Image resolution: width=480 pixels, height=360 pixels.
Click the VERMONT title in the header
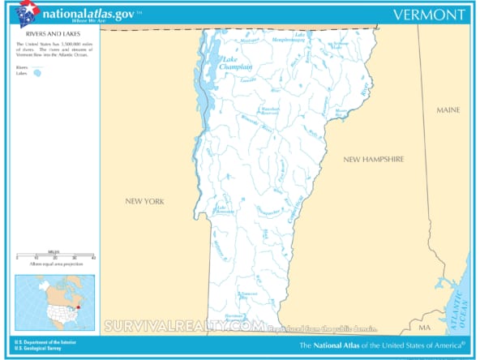[x=429, y=15]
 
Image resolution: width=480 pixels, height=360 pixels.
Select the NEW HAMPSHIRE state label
[x=373, y=160]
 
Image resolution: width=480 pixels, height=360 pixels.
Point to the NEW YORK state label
[x=144, y=200]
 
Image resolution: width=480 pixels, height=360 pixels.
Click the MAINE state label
[x=448, y=109]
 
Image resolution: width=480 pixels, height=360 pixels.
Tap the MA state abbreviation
[x=424, y=328]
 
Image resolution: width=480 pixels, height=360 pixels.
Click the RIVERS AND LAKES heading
[x=36, y=35]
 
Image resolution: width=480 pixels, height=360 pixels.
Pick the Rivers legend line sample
[x=37, y=67]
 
